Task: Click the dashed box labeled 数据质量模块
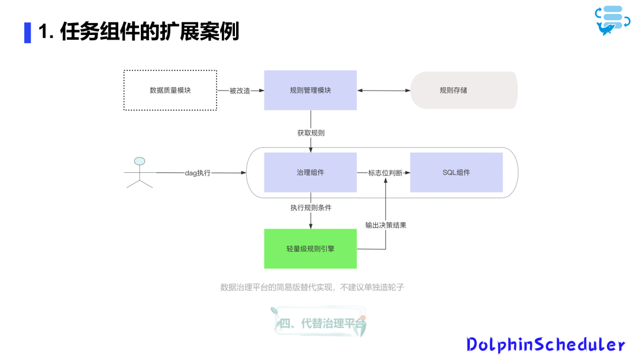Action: pos(170,90)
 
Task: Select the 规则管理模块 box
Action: pos(310,90)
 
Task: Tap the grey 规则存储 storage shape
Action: pos(464,90)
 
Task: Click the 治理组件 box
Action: pos(310,172)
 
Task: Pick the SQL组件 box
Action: pos(456,172)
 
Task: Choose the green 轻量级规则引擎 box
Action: pos(310,249)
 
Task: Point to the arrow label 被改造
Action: pos(240,91)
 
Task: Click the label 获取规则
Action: pos(311,133)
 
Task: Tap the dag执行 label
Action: pos(198,173)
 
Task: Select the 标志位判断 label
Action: pos(385,173)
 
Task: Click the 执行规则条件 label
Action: pos(311,208)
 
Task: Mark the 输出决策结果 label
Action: pos(386,225)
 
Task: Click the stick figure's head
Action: pos(140,161)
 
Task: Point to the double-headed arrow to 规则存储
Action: pos(384,91)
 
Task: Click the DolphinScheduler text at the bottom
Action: pos(546,344)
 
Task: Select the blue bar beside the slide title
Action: pos(27,32)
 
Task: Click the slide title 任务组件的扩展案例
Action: pos(138,32)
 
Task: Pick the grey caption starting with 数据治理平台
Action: pos(312,287)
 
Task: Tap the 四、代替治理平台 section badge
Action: pos(319,323)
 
